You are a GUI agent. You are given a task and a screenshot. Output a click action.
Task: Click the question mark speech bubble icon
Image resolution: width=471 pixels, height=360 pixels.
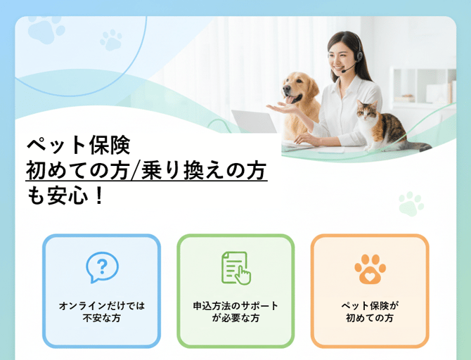[102, 267]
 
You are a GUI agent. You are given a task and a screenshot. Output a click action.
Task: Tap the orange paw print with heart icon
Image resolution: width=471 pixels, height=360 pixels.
[369, 268]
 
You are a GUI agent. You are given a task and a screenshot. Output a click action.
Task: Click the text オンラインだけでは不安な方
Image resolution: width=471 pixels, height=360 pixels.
[102, 312]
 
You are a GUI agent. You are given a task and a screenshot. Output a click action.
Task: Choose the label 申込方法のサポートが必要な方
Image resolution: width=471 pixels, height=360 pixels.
[235, 312]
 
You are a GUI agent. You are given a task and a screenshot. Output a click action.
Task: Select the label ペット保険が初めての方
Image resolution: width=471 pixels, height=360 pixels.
[369, 312]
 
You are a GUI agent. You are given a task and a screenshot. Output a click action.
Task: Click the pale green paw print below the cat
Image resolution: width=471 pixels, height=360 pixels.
[411, 203]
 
